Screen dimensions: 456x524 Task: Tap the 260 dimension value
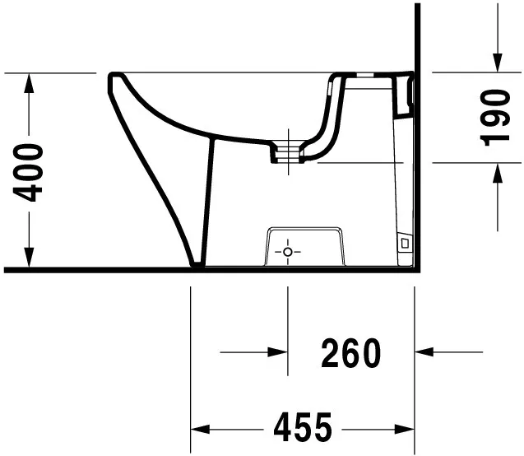coord(350,353)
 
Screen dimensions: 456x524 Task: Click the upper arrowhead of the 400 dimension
coord(30,81)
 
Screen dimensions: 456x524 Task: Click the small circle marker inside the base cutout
coord(287,251)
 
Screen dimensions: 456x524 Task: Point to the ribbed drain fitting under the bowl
coord(289,151)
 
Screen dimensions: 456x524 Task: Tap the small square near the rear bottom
coord(403,244)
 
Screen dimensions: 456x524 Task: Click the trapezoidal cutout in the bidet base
coord(304,245)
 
